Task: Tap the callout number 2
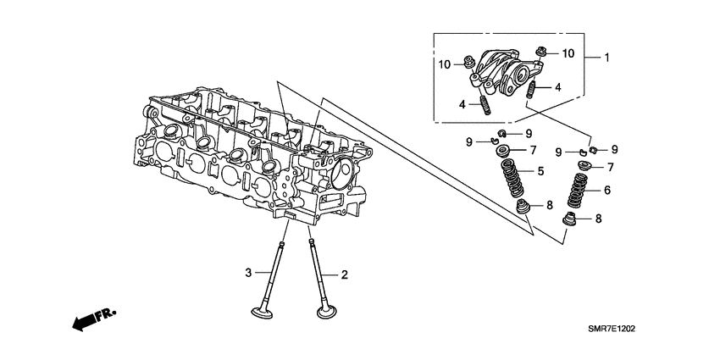pos(345,274)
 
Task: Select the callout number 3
pos(249,272)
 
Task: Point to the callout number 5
pos(540,172)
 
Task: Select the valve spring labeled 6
pos(578,193)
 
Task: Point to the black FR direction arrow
pos(82,321)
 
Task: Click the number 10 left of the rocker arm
pos(444,64)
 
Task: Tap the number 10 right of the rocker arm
pos(568,53)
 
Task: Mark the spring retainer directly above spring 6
pos(583,165)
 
